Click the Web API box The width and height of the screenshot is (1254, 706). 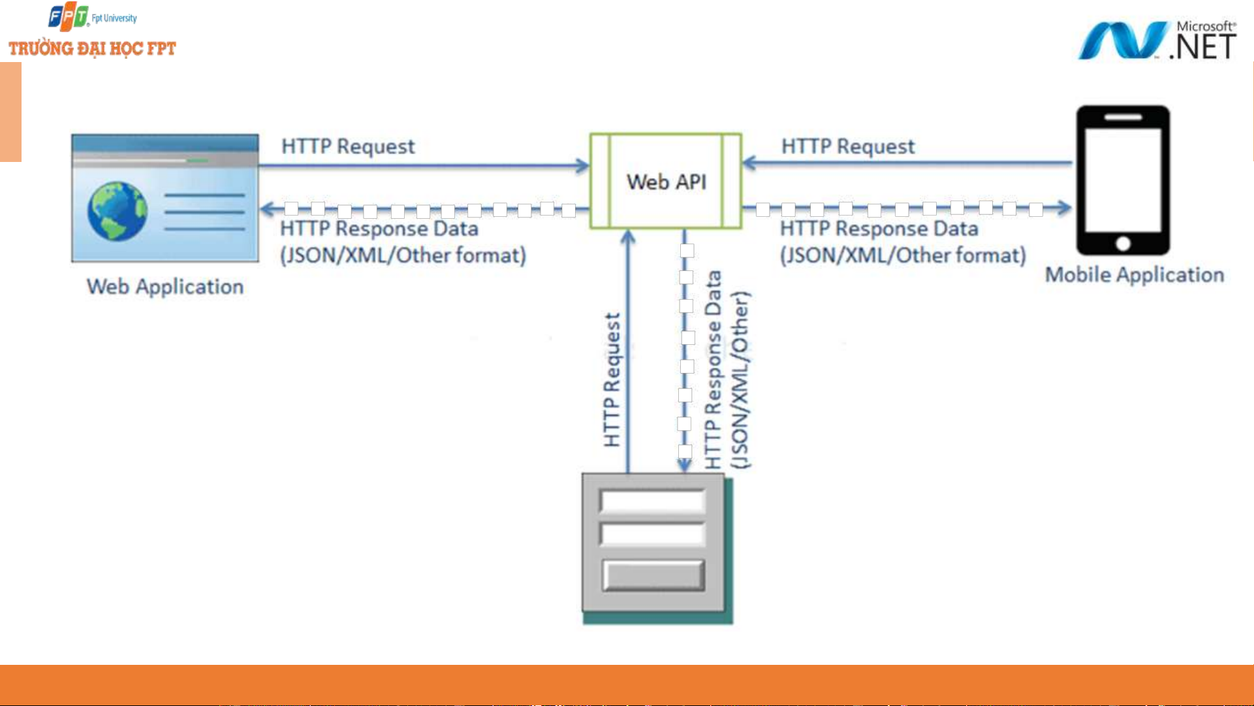coord(665,182)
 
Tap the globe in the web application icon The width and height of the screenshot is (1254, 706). coord(118,211)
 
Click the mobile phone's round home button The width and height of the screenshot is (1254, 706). coord(1123,244)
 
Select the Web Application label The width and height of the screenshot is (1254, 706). coord(165,287)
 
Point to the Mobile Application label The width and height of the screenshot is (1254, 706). coord(1135,275)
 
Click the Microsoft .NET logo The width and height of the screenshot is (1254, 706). coord(1157,40)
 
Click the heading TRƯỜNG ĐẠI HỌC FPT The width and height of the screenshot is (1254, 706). coord(92,49)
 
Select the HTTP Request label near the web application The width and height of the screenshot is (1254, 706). coord(348,146)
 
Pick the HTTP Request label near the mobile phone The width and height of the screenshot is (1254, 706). coord(848,146)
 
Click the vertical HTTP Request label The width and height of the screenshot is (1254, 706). coord(612,379)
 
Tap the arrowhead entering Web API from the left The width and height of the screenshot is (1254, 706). coord(582,165)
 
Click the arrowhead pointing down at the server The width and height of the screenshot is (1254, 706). coord(684,465)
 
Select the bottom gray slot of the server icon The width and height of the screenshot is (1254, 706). coord(653,575)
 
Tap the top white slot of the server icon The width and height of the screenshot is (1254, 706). coord(652,502)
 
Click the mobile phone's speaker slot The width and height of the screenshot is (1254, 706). coord(1123,118)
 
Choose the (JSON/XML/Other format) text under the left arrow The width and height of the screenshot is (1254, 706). coord(403,255)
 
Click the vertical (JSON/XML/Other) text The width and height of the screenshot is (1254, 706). coord(740,379)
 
